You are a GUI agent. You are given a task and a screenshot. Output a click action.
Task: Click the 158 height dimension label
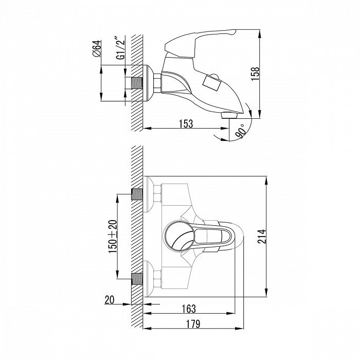point(255,74)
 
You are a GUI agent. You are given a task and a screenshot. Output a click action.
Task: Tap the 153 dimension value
point(186,124)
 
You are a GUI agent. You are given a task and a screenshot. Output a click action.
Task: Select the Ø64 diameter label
point(97,48)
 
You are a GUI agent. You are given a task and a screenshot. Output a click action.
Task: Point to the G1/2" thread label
point(121,49)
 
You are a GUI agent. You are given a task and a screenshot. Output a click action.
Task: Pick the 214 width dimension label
point(261,237)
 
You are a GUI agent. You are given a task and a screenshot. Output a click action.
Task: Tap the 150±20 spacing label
point(113,237)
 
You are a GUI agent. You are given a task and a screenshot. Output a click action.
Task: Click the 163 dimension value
point(189,309)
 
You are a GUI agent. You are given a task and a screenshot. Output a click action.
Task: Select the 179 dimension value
point(193,324)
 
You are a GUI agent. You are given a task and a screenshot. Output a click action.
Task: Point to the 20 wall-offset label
point(109,300)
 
